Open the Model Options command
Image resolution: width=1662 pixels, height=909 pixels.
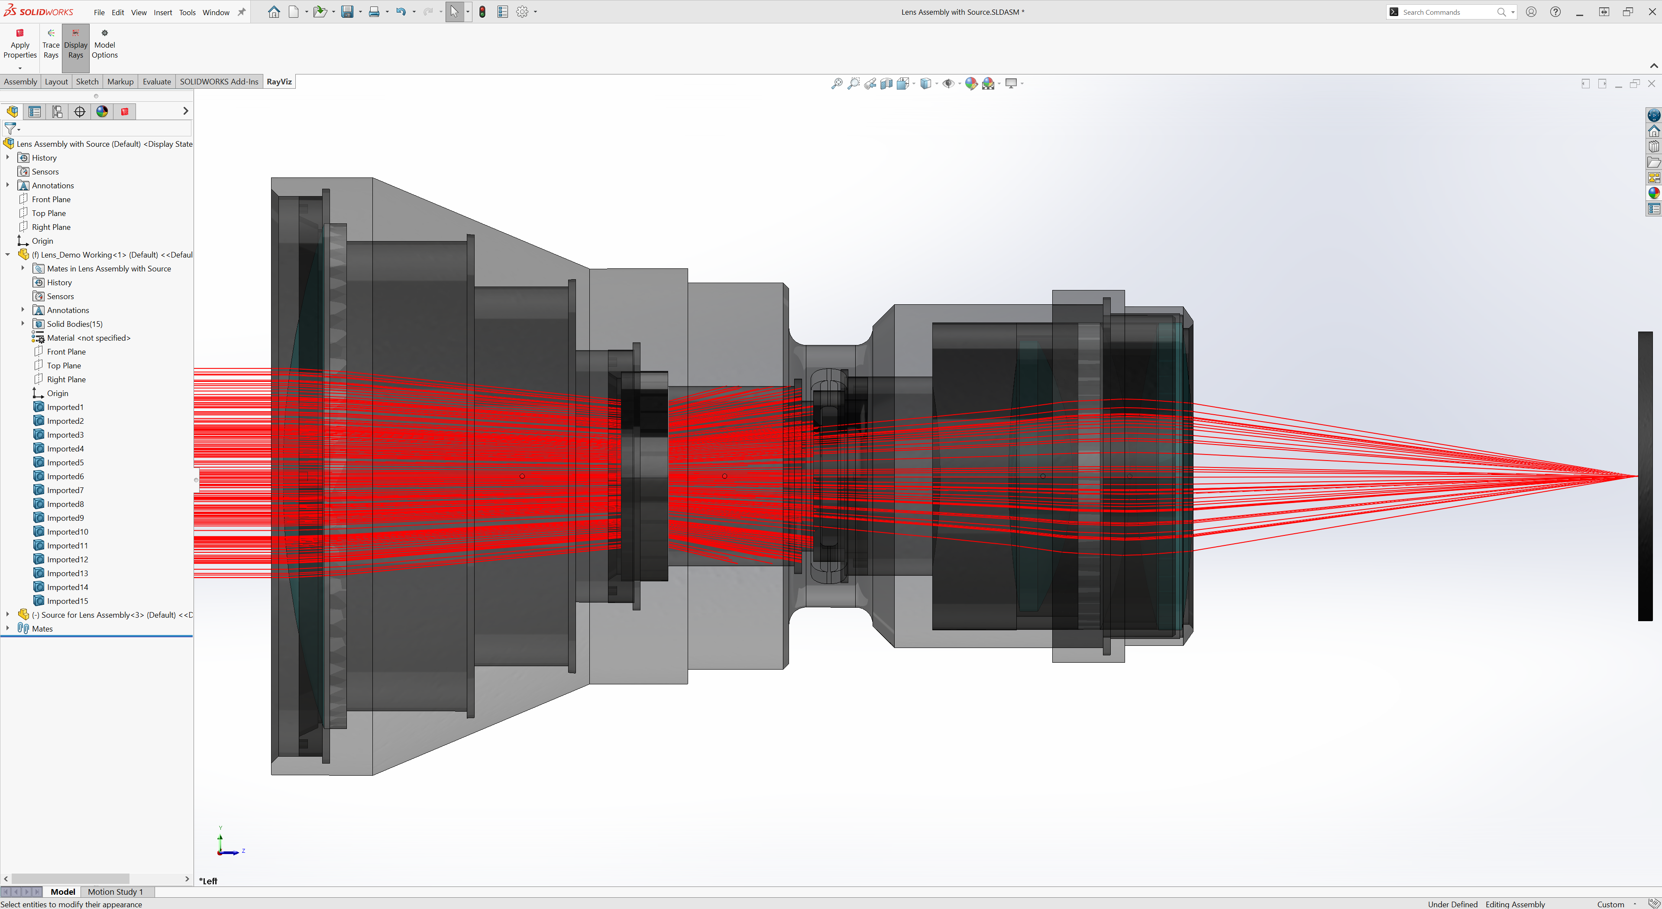104,43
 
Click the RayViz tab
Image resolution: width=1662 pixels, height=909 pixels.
279,82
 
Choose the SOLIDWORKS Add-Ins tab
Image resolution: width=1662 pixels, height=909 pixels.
219,82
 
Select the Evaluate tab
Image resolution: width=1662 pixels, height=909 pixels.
157,82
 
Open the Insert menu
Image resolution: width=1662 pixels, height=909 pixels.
162,12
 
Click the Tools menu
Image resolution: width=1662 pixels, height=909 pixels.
187,12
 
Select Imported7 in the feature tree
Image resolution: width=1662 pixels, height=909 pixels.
65,490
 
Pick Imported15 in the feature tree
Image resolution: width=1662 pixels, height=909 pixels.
67,601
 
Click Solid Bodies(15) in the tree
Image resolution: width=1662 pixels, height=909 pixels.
74,324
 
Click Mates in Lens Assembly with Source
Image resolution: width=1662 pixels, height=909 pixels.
108,268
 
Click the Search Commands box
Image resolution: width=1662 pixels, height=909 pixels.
1445,12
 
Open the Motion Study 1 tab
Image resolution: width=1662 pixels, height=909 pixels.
115,892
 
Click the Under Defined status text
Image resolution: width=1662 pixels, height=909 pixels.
1452,904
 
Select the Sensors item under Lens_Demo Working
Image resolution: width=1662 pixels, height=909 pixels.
60,296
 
